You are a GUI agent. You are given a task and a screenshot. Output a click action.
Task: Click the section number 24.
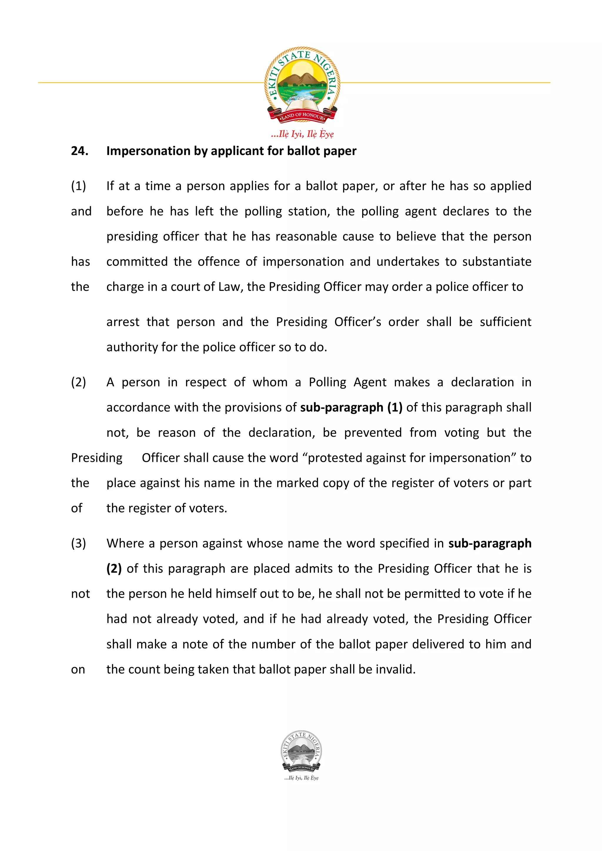coord(79,151)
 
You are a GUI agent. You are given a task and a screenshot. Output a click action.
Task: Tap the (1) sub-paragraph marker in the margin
coord(78,186)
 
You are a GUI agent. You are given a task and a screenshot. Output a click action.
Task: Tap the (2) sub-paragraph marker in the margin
coord(78,382)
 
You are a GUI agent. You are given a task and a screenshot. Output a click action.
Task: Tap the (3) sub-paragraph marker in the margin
coord(78,543)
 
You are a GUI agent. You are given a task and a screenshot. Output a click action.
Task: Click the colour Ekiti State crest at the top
coord(302,85)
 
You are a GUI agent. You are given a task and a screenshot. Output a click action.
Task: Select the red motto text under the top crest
coord(302,134)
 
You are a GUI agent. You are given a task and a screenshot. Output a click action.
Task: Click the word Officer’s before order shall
coord(357,322)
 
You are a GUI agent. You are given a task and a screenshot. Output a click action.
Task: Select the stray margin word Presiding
coord(96,458)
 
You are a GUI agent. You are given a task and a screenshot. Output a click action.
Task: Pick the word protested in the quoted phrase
coord(335,458)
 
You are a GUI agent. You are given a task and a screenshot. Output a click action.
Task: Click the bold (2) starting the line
coord(114,569)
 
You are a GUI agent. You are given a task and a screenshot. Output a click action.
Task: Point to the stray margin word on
coord(78,670)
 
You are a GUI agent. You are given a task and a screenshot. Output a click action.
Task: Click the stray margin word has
coord(81,262)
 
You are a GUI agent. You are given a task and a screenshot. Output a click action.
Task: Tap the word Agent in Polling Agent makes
coord(370,382)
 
